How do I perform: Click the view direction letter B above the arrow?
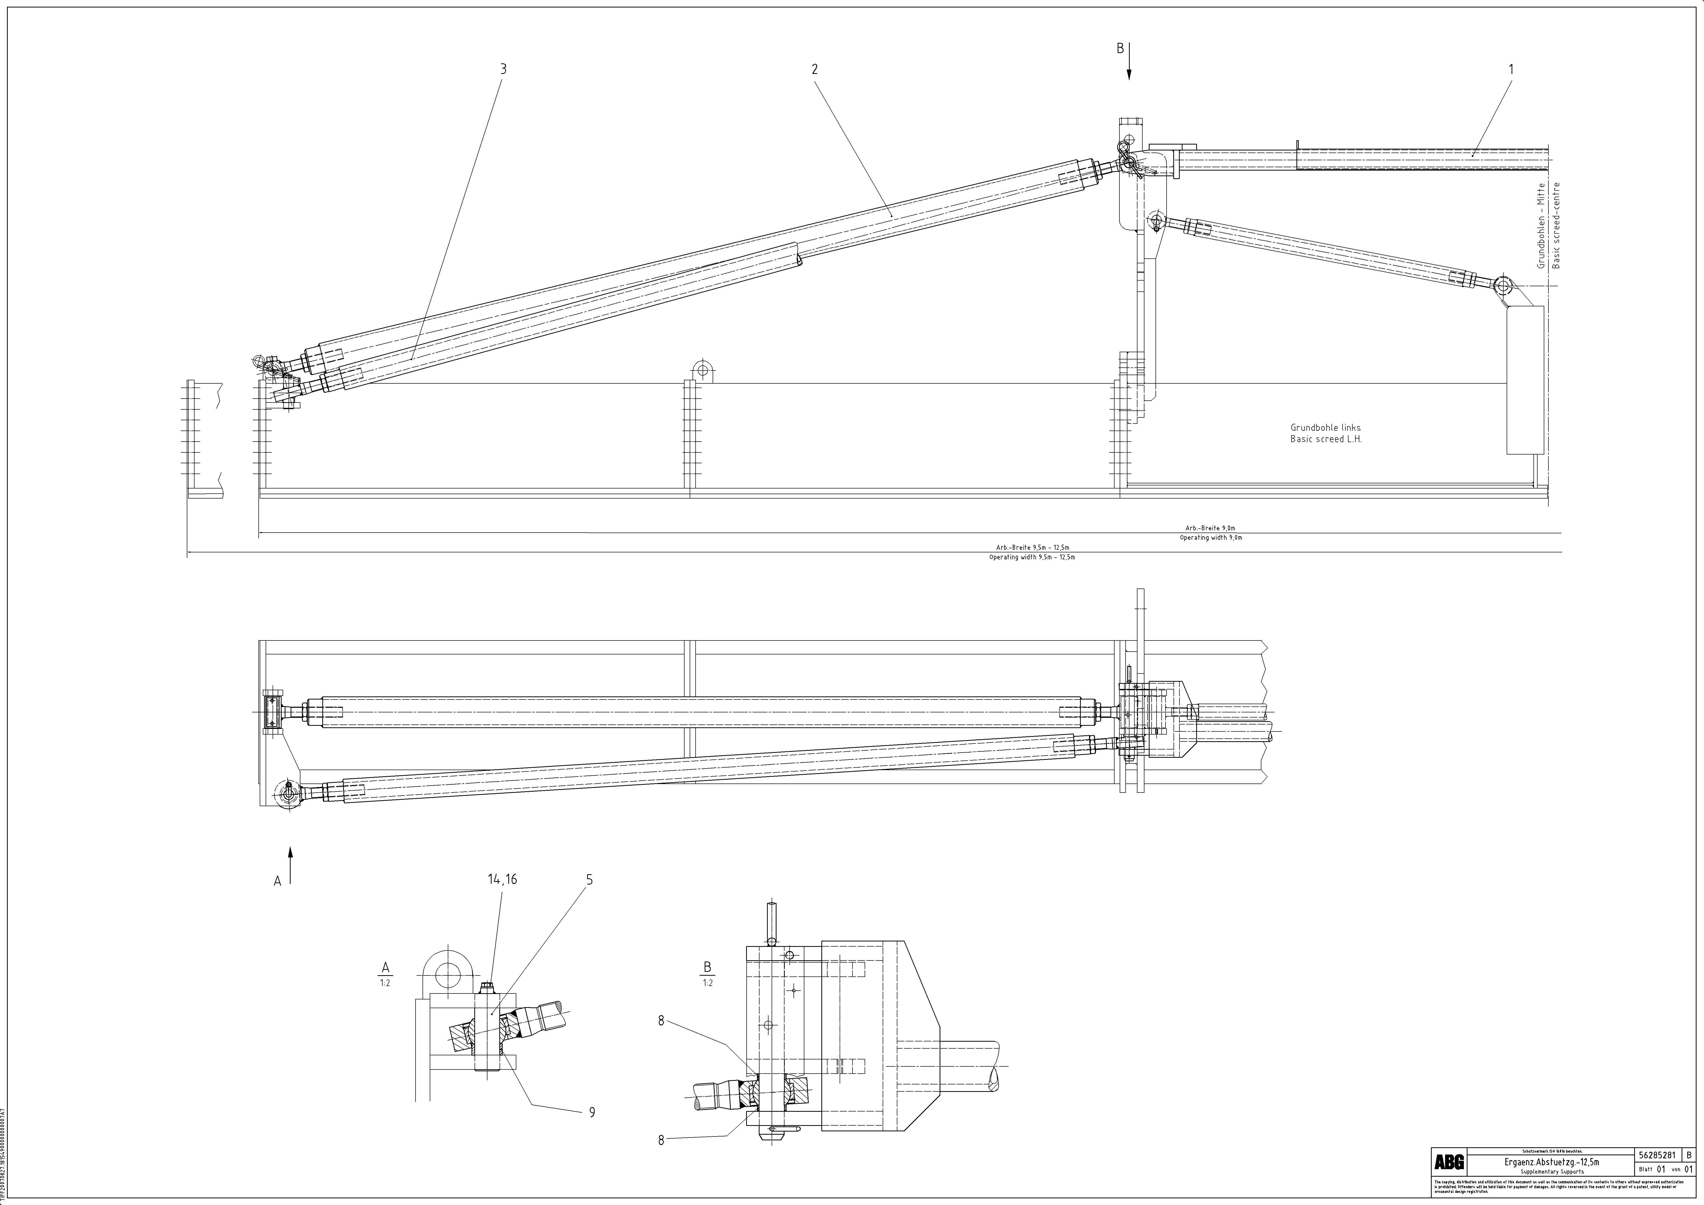click(x=1120, y=49)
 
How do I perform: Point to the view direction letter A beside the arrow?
click(x=277, y=881)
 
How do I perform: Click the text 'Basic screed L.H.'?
click(x=1326, y=439)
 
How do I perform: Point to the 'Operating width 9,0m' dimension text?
click(x=1210, y=537)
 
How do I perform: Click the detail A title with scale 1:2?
click(x=385, y=973)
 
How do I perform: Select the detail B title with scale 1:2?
click(x=707, y=973)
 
